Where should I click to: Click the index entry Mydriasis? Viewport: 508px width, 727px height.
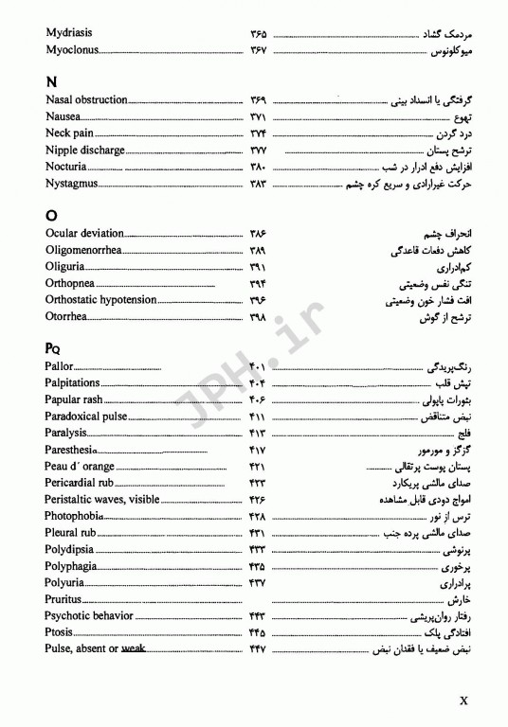point(68,32)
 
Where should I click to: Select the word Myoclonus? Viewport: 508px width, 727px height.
point(71,49)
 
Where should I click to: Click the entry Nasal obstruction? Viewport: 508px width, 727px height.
point(86,99)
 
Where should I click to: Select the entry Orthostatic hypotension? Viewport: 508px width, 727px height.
point(101,299)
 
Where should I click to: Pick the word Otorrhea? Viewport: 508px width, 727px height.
point(69,316)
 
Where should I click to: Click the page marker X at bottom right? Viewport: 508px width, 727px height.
point(465,702)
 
